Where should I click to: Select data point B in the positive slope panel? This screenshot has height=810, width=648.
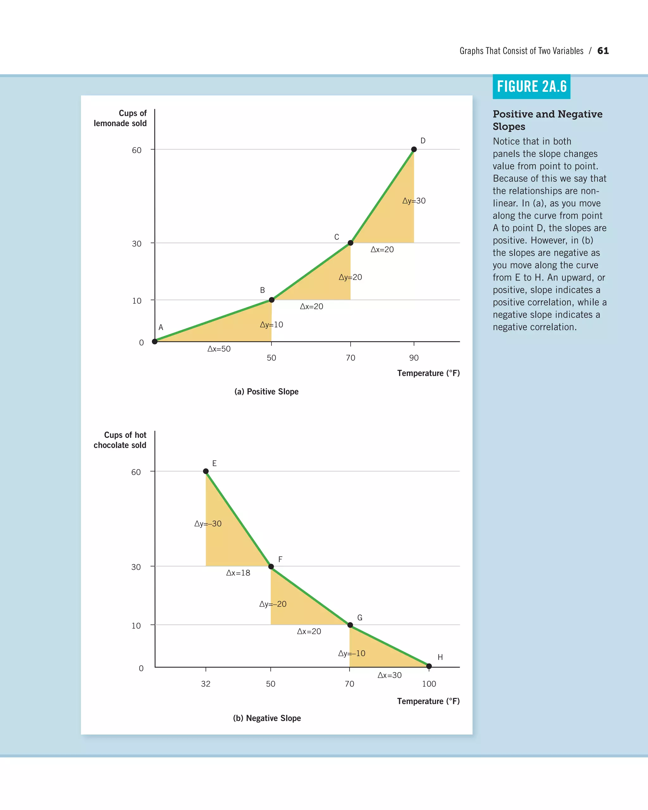[271, 300]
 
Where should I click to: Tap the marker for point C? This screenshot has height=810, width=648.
[350, 243]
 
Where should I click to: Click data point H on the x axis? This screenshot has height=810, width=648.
[429, 666]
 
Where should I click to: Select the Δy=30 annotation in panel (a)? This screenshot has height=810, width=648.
[414, 201]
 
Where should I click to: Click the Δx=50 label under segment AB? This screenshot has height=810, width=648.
[219, 349]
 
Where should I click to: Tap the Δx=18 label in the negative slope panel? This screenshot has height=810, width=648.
[238, 573]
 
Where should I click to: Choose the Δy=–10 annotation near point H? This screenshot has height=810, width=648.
[351, 653]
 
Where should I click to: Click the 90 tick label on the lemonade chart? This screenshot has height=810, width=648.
[414, 358]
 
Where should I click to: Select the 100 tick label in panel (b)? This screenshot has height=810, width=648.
[429, 684]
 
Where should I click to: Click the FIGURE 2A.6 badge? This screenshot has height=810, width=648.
[531, 87]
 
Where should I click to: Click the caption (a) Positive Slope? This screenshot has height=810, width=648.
[266, 391]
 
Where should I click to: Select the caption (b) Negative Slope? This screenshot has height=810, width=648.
[267, 718]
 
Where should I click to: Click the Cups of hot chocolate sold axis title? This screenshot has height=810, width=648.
[120, 440]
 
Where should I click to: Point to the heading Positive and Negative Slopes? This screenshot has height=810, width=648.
[547, 120]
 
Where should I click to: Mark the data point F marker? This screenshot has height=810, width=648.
[271, 566]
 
